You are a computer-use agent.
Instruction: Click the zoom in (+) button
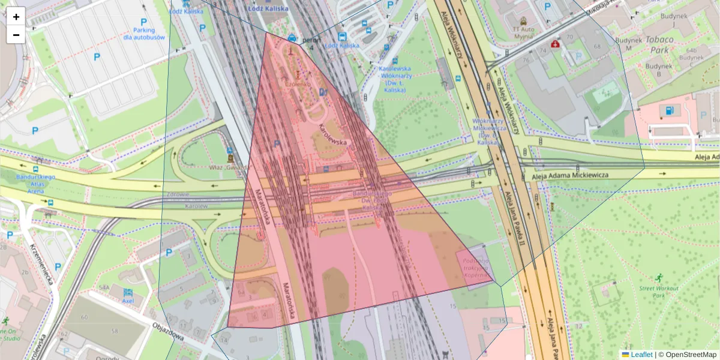click(x=16, y=17)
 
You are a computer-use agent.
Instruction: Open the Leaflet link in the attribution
click(x=641, y=355)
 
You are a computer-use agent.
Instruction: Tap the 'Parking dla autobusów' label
click(x=144, y=34)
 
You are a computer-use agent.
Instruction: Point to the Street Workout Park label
click(x=658, y=292)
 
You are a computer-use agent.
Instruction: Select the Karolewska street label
click(x=333, y=135)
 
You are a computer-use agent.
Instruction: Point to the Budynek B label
click(x=659, y=70)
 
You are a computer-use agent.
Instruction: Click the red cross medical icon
click(x=555, y=44)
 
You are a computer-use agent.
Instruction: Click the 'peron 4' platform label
click(x=308, y=44)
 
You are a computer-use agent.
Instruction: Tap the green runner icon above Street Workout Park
click(x=659, y=277)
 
